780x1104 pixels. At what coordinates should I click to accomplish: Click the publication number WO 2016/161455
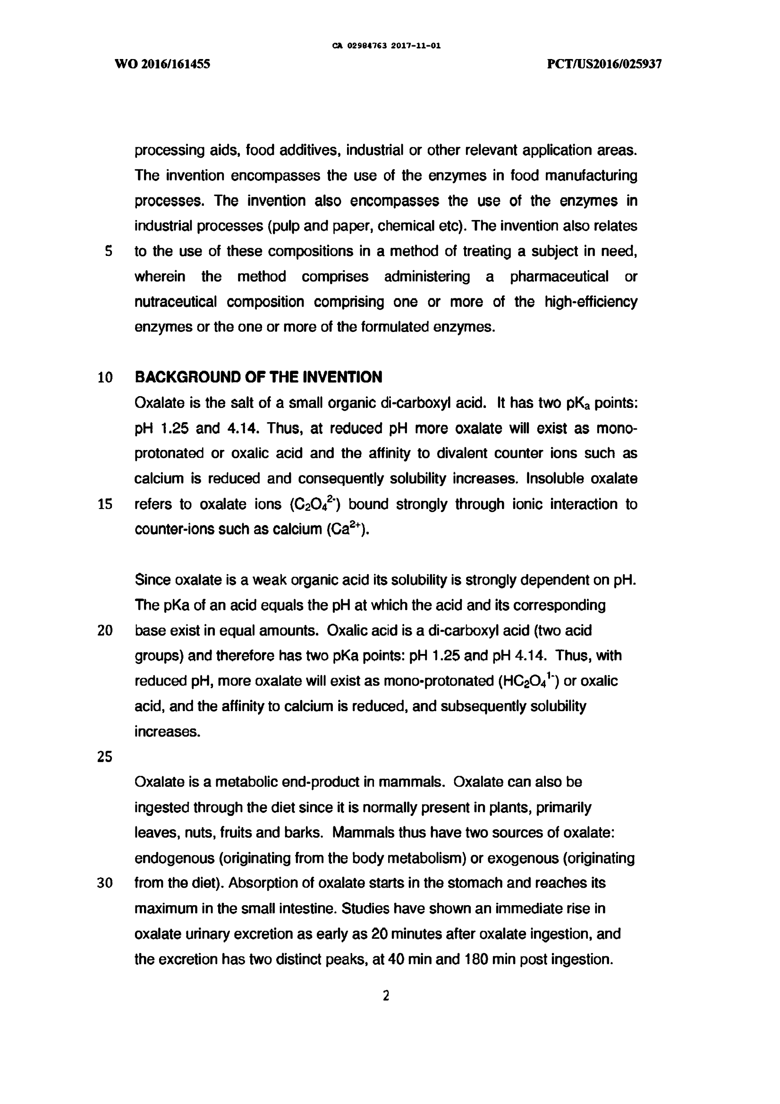coord(162,64)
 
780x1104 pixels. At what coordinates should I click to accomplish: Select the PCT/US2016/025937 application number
coord(604,64)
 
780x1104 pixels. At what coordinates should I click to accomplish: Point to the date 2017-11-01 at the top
coord(416,46)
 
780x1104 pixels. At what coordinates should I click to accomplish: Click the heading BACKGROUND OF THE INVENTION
coord(258,377)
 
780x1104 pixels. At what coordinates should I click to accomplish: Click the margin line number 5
coord(109,251)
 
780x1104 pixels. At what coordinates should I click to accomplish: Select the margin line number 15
coord(105,504)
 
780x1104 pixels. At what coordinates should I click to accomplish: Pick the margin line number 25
coord(105,757)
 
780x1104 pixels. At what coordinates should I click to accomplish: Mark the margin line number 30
coord(105,883)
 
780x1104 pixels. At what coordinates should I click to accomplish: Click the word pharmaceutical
coord(559,277)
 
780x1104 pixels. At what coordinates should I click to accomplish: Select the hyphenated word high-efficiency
coord(591,302)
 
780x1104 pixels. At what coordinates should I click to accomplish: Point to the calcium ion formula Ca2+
coord(348,529)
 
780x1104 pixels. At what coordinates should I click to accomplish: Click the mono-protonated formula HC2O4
coord(528,681)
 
